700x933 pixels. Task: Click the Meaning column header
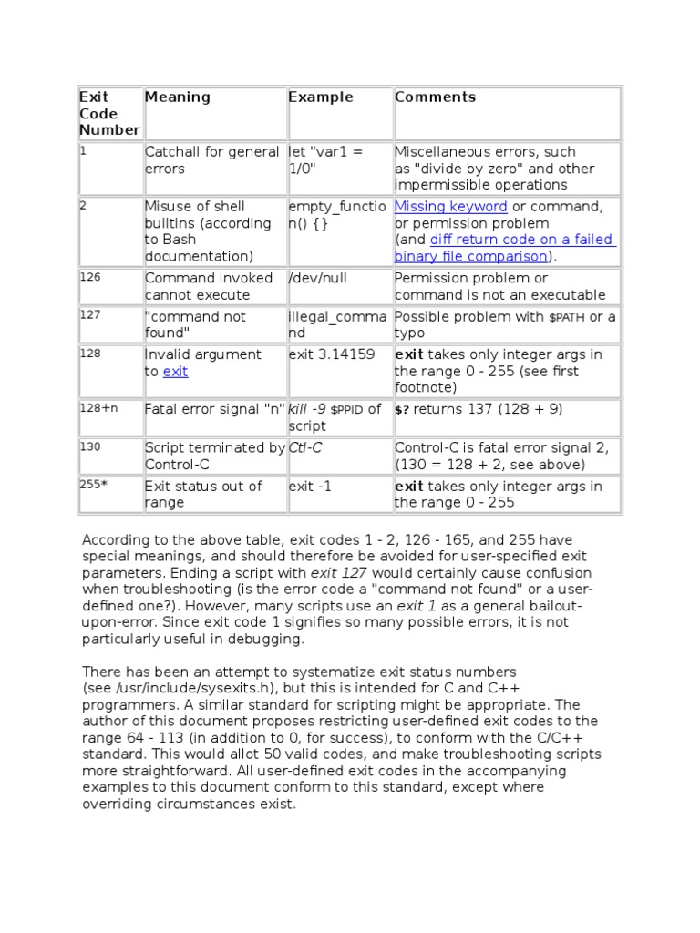click(x=177, y=97)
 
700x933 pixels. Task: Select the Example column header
click(x=320, y=97)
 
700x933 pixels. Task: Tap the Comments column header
click(x=435, y=97)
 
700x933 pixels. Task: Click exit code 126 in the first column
click(x=90, y=277)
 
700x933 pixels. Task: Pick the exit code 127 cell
click(x=90, y=315)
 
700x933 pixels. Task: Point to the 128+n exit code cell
click(x=98, y=408)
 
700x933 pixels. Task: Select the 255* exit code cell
click(x=94, y=485)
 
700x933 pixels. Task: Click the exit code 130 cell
click(x=90, y=446)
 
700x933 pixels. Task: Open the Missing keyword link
click(x=450, y=207)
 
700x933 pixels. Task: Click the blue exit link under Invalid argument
click(x=175, y=372)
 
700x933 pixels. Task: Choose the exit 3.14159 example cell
click(x=332, y=354)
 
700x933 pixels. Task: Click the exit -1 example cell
click(x=310, y=486)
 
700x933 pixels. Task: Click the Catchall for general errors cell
click(x=211, y=160)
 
